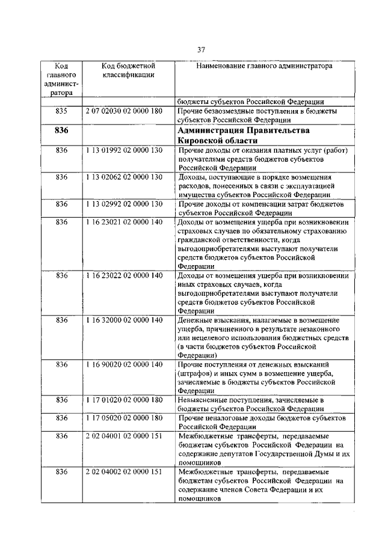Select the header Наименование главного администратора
[x=264, y=66]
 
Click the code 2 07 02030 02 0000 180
[x=125, y=111]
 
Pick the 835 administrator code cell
[x=61, y=111]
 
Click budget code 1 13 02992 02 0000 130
[x=125, y=204]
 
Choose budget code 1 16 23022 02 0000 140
[x=125, y=275]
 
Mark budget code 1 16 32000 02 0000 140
[x=125, y=320]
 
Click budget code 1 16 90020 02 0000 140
[x=125, y=364]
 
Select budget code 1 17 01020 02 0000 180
[x=125, y=399]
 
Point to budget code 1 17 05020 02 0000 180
[x=125, y=417]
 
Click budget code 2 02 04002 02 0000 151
[x=125, y=472]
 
